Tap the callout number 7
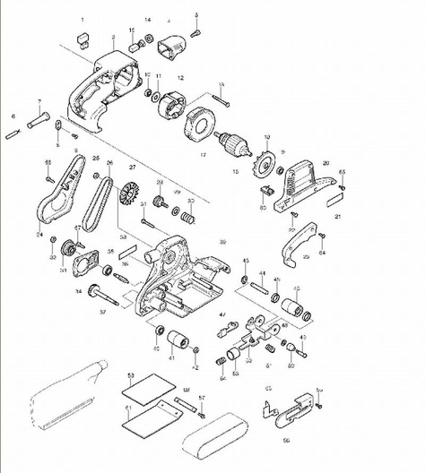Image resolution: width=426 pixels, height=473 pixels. (x=39, y=102)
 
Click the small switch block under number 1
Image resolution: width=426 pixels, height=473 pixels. (x=83, y=38)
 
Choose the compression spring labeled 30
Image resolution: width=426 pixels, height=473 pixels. (x=188, y=216)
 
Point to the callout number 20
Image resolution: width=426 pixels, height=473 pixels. (x=326, y=163)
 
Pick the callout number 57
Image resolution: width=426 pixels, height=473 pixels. (x=202, y=397)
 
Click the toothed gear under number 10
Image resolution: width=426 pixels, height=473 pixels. (x=265, y=163)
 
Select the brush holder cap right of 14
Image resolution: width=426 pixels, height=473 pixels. (x=169, y=46)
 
